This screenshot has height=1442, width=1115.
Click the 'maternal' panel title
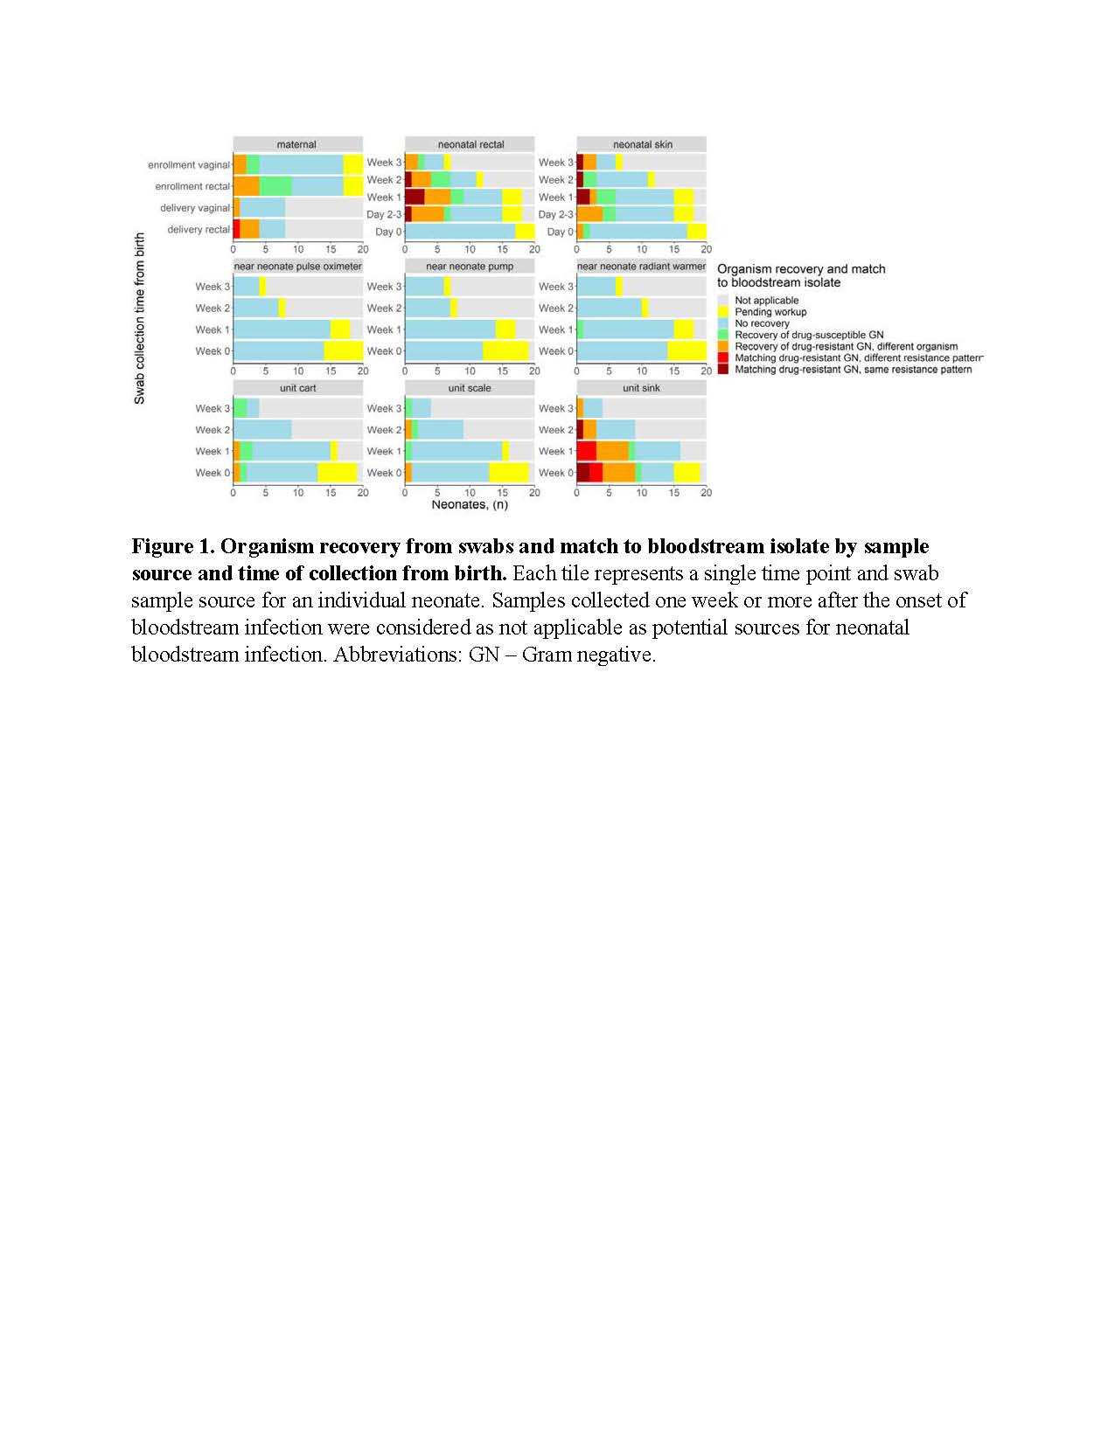pos(296,144)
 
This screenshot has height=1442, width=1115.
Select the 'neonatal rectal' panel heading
pos(470,144)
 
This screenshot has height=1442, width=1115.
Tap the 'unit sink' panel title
pos(641,388)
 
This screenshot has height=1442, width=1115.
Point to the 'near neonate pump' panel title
pos(470,267)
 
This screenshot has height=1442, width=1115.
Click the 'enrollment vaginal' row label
pos(188,165)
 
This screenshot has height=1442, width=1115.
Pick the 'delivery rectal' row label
pos(198,230)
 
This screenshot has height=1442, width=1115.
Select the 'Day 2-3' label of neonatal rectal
pos(383,215)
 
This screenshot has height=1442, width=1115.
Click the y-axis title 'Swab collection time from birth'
pos(140,318)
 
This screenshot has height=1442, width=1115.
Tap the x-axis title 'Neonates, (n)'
pos(470,505)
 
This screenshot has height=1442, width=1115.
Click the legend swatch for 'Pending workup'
pos(723,312)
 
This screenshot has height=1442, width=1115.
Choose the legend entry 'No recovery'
pos(762,323)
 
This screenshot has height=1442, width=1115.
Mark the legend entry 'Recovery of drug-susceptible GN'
pos(809,335)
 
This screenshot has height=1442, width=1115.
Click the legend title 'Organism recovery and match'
pos(801,269)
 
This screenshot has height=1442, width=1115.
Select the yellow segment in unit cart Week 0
pos(337,473)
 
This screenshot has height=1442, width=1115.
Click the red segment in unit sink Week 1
pos(586,451)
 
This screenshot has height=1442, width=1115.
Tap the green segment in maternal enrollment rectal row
pos(275,186)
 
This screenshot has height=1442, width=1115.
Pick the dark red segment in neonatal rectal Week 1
pos(415,198)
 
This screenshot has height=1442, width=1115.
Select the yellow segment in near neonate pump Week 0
pos(505,351)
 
